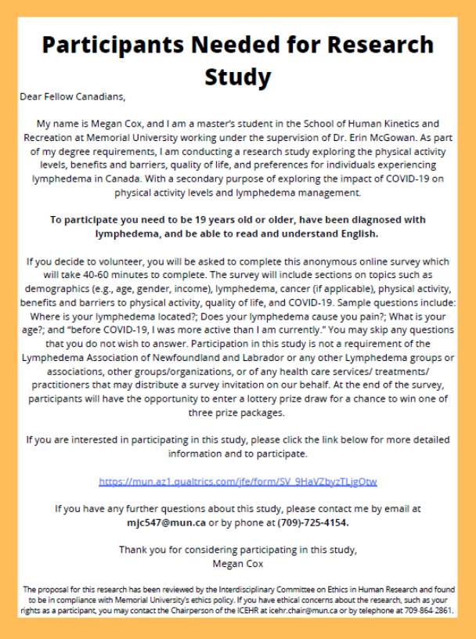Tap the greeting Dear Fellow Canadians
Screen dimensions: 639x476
pyautogui.click(x=72, y=97)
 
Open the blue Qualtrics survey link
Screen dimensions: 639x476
pyautogui.click(x=238, y=480)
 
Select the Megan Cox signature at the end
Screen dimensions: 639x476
pyautogui.click(x=238, y=562)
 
